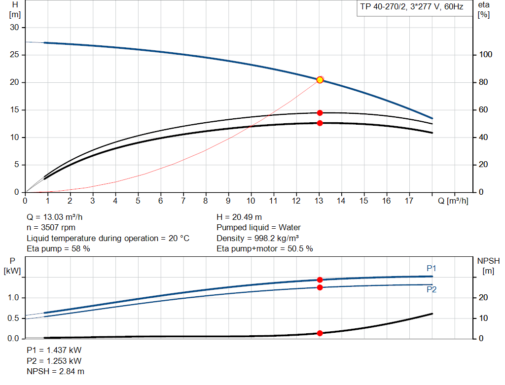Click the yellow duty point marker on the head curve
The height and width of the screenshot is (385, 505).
[x=320, y=80]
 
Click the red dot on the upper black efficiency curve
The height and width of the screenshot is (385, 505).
[x=320, y=113]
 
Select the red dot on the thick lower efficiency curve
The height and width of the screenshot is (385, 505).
[x=320, y=123]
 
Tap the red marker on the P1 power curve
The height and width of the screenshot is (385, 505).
[x=320, y=280]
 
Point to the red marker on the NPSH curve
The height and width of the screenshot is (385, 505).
[x=320, y=333]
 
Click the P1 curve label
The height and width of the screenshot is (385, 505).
[x=432, y=268]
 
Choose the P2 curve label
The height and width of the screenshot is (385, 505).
[x=432, y=290]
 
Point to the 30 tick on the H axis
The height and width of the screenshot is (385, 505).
[x=14, y=28]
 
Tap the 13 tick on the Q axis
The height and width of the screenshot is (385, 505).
[x=319, y=201]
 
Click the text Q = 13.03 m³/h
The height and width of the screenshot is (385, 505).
[x=58, y=217]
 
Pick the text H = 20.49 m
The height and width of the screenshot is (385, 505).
[x=239, y=217]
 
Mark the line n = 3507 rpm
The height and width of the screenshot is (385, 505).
[x=50, y=228]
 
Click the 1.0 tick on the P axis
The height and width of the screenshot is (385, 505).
[x=13, y=298]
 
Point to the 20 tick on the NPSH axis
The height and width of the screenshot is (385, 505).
[x=484, y=297]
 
